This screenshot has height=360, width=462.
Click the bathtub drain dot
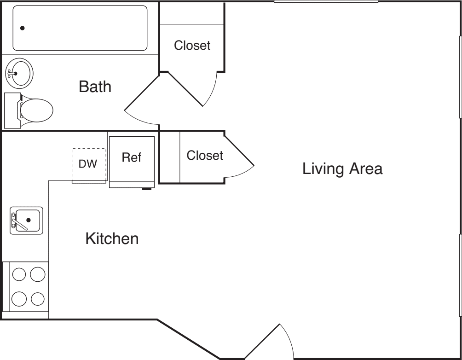point(23,28)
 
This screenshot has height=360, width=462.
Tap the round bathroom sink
point(19,73)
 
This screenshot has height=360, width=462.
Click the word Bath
point(95,87)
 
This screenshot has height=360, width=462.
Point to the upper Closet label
point(192,46)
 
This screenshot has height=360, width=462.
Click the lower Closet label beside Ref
point(204,156)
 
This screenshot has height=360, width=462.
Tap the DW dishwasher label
point(88,164)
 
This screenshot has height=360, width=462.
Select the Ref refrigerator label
point(131,157)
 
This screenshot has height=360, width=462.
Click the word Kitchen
point(112,239)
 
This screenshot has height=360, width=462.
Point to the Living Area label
point(342,169)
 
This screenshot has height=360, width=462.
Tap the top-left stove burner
point(19,275)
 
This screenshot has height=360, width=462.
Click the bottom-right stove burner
point(37,299)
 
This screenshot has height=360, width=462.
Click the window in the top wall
point(326,2)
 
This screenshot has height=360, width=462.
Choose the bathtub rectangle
point(80,28)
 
